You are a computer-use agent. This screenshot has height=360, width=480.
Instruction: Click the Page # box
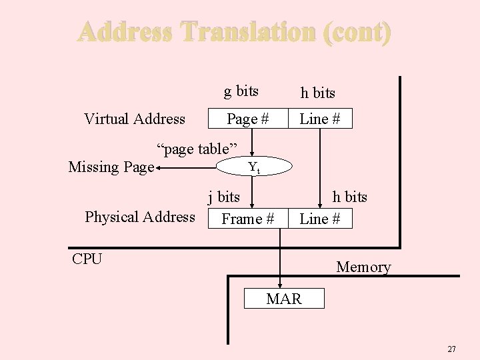247,119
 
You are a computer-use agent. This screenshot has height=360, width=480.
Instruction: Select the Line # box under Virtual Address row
320,119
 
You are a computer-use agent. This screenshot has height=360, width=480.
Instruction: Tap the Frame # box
247,219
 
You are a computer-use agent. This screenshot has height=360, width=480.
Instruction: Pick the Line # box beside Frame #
320,219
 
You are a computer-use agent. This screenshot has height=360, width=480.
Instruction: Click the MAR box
284,299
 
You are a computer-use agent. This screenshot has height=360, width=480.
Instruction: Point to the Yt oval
254,167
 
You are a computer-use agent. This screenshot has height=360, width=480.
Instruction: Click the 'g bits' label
241,91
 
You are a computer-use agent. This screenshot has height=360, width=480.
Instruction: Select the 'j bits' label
223,197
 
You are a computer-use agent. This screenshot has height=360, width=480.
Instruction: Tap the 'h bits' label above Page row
317,93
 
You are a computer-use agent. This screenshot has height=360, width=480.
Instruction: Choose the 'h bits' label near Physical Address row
349,197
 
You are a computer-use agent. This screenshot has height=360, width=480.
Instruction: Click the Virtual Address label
135,119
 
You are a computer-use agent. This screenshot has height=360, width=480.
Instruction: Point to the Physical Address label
140,217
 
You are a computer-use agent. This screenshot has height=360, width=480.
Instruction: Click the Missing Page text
111,167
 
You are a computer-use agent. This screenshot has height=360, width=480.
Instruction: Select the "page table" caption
197,148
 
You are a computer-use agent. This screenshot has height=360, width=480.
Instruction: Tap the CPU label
87,259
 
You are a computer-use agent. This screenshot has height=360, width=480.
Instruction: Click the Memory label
363,267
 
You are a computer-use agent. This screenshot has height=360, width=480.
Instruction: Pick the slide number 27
451,349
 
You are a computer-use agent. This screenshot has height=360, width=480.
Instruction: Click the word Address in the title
126,32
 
